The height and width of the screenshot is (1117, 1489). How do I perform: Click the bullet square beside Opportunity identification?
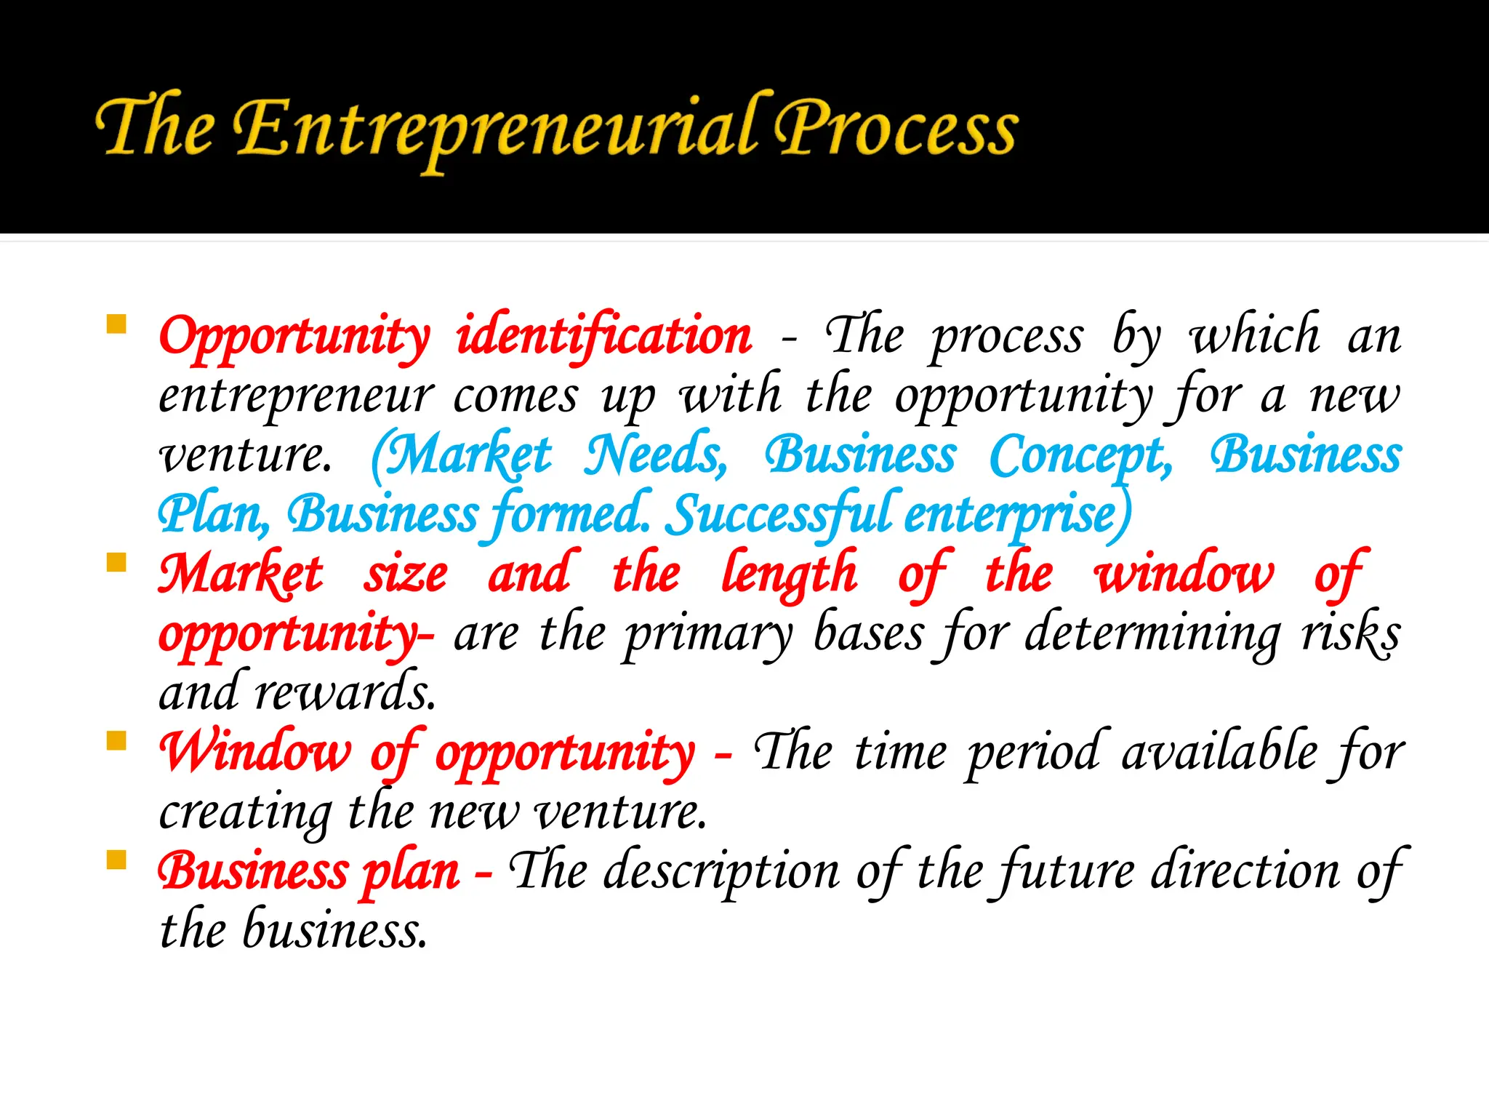pyautogui.click(x=116, y=324)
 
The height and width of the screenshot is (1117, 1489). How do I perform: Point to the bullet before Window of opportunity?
pyautogui.click(x=116, y=740)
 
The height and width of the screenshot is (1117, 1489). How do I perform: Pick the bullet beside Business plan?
pyautogui.click(x=116, y=860)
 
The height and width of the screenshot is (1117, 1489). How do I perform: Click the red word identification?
pyautogui.click(x=604, y=337)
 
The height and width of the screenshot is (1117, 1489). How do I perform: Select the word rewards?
pyautogui.click(x=345, y=692)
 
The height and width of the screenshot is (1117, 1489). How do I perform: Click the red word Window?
pyautogui.click(x=255, y=752)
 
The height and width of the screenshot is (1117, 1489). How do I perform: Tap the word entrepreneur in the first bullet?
pyautogui.click(x=296, y=397)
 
